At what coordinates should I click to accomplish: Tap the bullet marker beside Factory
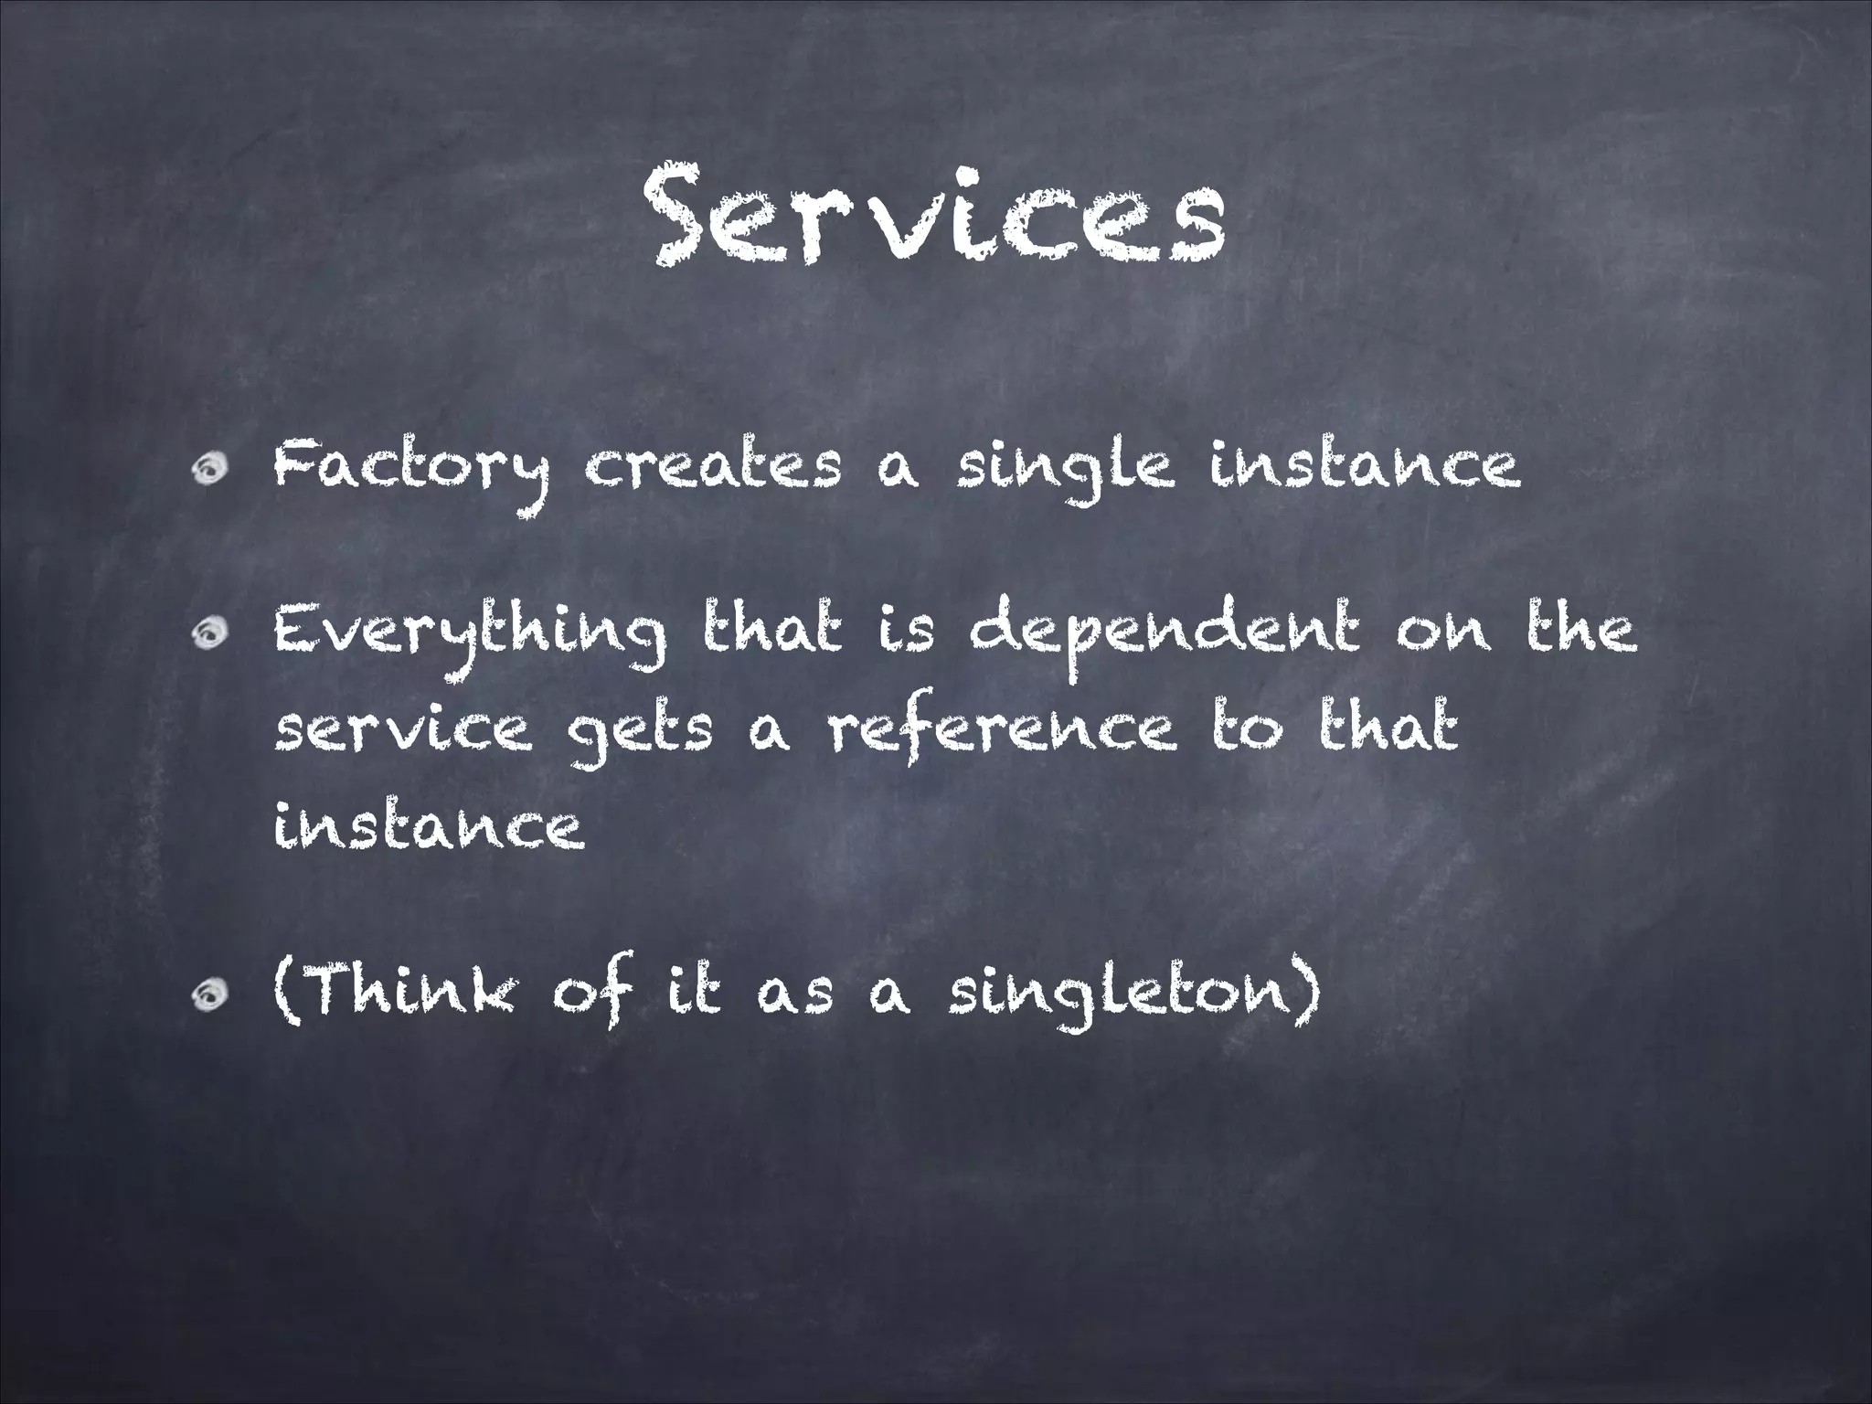pyautogui.click(x=212, y=468)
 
